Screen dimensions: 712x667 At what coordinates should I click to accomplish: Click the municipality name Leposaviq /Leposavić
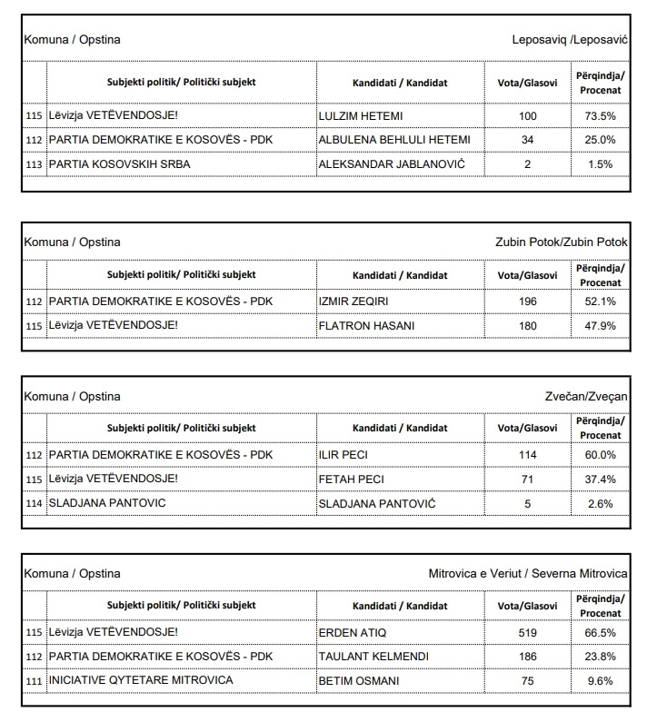point(570,40)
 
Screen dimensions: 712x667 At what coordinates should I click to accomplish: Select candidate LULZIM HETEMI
point(361,116)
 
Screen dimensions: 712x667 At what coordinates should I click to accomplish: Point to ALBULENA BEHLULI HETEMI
point(393,140)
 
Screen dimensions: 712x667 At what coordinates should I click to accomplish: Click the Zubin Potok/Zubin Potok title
point(562,242)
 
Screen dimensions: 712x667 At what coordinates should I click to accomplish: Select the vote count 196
point(526,301)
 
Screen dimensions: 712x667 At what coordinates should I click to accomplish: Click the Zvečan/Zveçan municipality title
point(583,396)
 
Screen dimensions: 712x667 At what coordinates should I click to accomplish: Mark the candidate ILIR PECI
point(344,454)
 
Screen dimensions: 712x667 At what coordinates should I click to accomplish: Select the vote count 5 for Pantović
point(526,502)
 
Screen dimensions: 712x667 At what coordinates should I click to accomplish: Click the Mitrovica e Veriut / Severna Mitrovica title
point(528,574)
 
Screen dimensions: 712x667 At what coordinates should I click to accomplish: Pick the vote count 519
point(526,632)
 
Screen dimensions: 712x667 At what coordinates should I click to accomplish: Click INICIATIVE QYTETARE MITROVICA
point(140,679)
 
